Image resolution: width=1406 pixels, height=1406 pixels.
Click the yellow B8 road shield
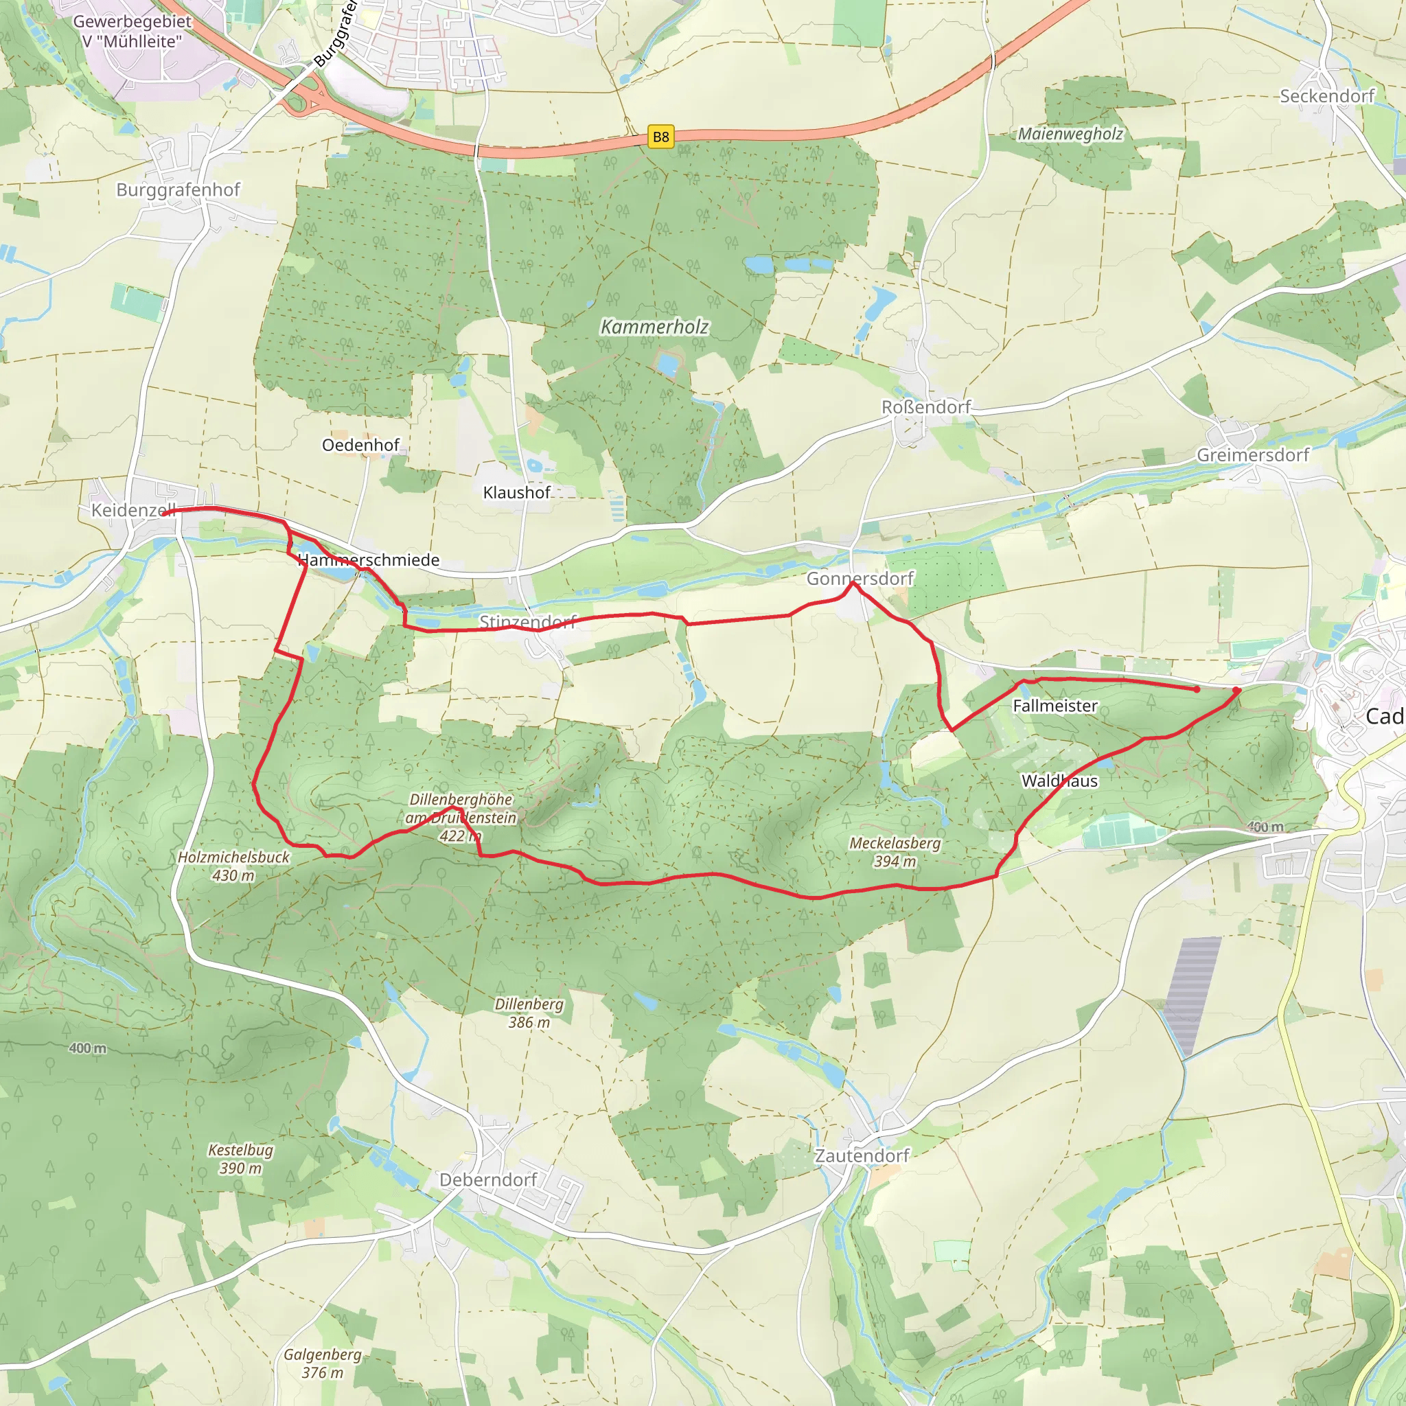tap(660, 137)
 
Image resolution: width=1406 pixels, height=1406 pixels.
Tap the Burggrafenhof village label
tap(178, 190)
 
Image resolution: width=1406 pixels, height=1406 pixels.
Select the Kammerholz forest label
tap(654, 327)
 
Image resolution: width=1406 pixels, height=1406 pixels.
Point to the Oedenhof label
tap(361, 445)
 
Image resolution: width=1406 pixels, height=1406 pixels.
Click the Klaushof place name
tap(517, 493)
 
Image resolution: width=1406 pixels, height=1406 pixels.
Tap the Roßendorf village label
tap(925, 407)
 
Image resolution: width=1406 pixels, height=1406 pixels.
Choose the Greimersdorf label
tap(1252, 455)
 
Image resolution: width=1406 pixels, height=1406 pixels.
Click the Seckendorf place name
tap(1326, 96)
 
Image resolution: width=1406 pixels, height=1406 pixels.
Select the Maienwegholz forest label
tap(1070, 134)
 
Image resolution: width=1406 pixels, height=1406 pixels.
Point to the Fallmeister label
tap(1054, 705)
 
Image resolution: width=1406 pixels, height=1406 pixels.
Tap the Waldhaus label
tap(1059, 781)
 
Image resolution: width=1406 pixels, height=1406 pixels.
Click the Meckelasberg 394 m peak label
tap(895, 851)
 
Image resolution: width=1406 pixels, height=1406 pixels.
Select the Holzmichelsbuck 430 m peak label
tap(233, 866)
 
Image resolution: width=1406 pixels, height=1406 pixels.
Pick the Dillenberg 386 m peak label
tap(529, 1013)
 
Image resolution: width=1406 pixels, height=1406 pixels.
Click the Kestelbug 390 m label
tap(241, 1159)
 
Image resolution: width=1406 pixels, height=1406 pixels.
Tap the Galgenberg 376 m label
tap(323, 1363)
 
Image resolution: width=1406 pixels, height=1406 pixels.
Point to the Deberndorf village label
tap(487, 1179)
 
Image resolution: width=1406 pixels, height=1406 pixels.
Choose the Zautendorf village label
tap(862, 1155)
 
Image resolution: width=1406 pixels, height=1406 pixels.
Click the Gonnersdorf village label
tap(860, 579)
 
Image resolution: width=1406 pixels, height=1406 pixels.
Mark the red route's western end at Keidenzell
tap(165, 513)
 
